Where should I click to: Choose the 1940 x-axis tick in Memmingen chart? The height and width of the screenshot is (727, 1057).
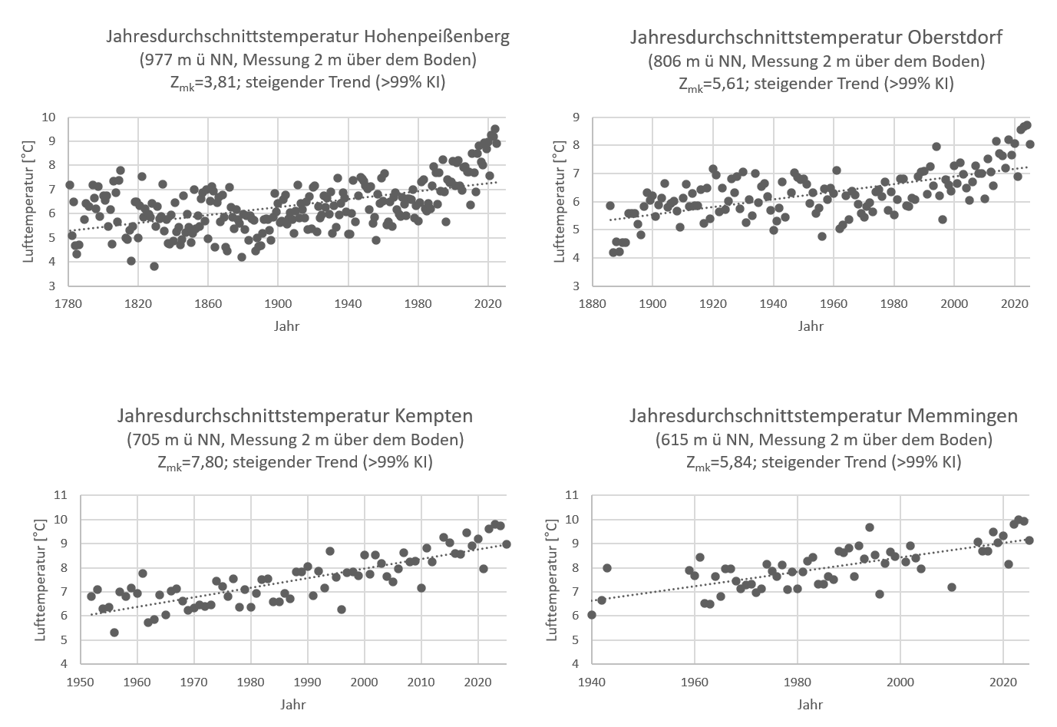pyautogui.click(x=592, y=681)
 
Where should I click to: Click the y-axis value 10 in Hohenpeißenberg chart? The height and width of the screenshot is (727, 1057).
pyautogui.click(x=49, y=117)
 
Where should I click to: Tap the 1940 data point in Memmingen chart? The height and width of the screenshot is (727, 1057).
pyautogui.click(x=591, y=615)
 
